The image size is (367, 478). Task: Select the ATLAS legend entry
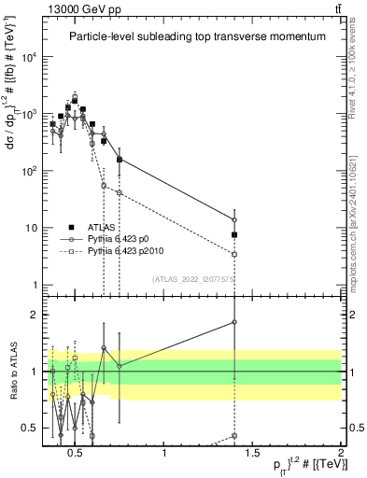pyautogui.click(x=86, y=226)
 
